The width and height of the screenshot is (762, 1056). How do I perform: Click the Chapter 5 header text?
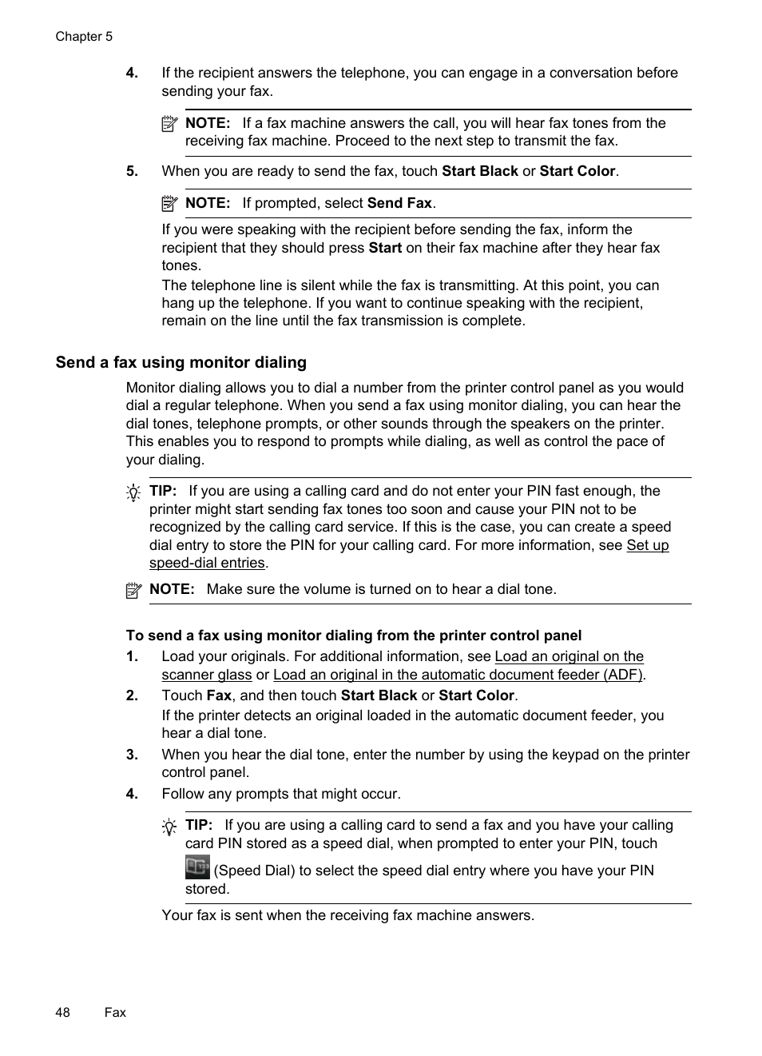pos(84,37)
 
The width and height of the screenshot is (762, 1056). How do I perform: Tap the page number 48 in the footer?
pos(62,1012)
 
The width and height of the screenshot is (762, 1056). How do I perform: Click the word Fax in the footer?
pos(115,1012)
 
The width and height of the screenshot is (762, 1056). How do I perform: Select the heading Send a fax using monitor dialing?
pos(181,363)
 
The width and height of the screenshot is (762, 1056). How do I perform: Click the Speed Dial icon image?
pos(197,867)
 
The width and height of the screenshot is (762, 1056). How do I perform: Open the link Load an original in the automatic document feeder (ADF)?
pos(458,675)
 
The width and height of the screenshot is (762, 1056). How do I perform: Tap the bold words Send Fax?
pos(399,203)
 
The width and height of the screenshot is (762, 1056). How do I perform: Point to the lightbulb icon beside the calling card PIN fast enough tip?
pos(133,492)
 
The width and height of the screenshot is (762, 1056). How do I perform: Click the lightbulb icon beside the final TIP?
pos(169,827)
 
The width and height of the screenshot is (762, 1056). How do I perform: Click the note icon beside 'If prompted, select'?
pos(169,204)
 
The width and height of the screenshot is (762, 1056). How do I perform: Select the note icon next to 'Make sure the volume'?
pos(133,591)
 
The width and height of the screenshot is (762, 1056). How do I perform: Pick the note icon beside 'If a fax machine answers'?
pos(169,124)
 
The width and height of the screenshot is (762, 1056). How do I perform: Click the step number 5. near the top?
pos(132,171)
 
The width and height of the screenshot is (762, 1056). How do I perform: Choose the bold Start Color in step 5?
pos(577,171)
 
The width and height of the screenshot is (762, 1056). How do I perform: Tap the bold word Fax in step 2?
pos(219,695)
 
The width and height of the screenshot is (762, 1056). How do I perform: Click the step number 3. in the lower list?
pos(132,755)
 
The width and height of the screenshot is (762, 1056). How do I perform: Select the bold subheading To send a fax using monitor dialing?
pos(353,636)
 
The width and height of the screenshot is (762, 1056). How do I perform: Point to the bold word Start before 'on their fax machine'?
pos(385,248)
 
